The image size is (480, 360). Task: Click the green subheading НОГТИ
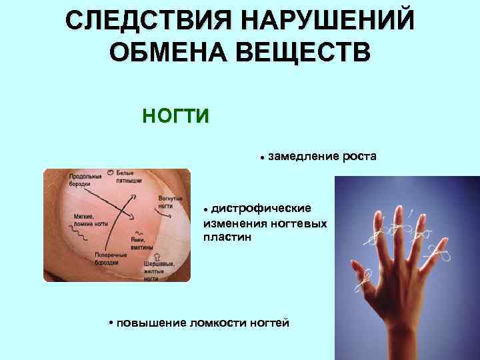click(x=175, y=115)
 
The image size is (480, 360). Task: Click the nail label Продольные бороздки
click(x=85, y=180)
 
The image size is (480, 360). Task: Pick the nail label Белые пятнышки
click(x=129, y=177)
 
